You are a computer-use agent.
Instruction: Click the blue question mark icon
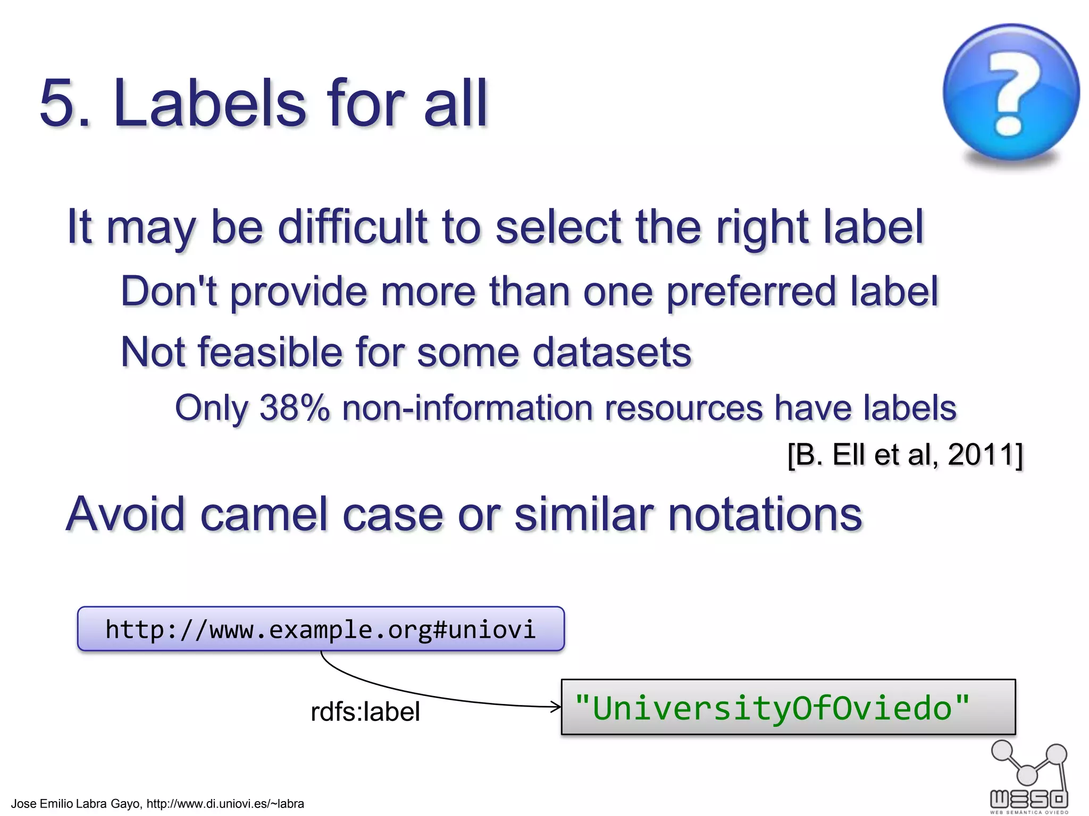[x=1010, y=93]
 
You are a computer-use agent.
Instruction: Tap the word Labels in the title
[x=210, y=104]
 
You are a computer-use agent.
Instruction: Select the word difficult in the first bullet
[x=353, y=227]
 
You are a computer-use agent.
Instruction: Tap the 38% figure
[x=294, y=408]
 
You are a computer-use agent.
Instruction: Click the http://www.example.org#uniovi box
[x=321, y=629]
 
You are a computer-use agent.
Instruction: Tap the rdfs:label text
[x=365, y=712]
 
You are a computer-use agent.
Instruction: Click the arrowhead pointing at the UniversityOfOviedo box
[x=556, y=707]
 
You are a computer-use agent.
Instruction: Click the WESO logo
[x=1029, y=778]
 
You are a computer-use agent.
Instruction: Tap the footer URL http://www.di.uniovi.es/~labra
[x=225, y=804]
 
